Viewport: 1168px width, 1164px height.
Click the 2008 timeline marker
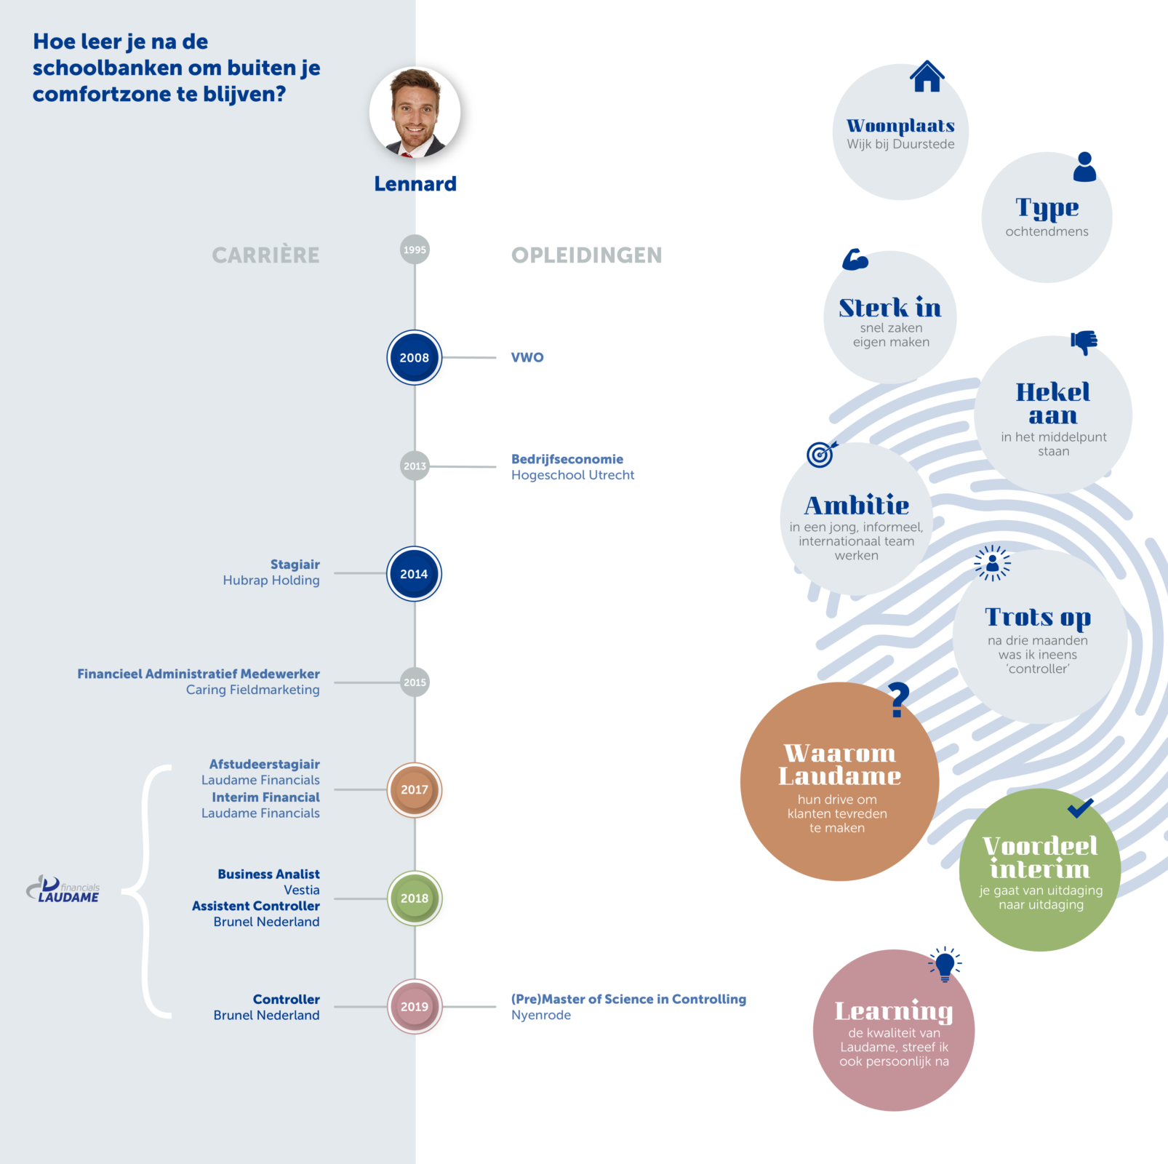point(415,357)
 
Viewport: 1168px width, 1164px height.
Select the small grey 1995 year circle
point(415,250)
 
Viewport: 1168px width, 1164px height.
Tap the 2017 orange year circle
point(415,789)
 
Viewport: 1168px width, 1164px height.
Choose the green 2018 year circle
point(415,898)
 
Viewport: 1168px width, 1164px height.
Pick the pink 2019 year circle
point(415,1006)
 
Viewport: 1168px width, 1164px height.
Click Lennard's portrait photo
point(415,113)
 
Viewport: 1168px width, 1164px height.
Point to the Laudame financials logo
point(63,889)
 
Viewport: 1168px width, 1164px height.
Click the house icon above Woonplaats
point(927,76)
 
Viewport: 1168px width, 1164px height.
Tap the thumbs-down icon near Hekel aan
point(1084,342)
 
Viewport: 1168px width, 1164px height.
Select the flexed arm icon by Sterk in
point(855,260)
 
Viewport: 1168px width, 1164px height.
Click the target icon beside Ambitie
point(821,454)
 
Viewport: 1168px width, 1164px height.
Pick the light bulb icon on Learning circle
point(945,965)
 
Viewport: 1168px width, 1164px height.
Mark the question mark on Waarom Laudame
point(900,700)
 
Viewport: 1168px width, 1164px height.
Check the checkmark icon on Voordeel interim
point(1081,808)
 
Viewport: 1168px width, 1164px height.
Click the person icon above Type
point(1084,167)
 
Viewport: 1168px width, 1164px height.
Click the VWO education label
point(527,357)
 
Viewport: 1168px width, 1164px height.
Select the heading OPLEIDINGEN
point(586,255)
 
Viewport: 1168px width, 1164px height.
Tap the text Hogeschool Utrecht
point(572,475)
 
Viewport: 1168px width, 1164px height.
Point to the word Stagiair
point(295,565)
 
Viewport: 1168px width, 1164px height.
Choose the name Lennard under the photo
point(415,183)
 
